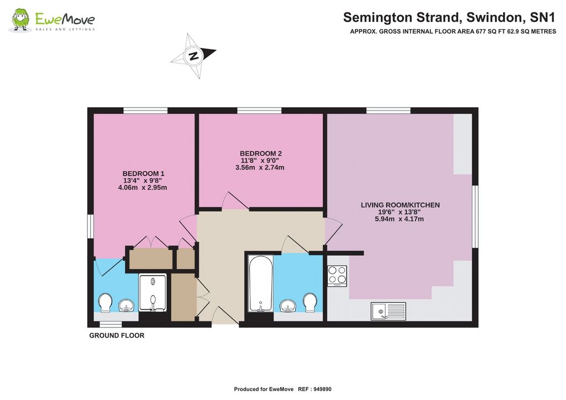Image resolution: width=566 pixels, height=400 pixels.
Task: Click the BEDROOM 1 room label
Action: click(143, 173)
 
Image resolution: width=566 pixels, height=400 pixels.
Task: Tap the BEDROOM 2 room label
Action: click(261, 153)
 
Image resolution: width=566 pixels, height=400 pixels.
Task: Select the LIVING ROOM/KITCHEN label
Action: click(400, 205)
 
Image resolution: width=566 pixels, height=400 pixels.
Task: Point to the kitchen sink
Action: click(389, 311)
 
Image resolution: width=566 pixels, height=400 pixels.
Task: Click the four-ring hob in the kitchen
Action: click(337, 275)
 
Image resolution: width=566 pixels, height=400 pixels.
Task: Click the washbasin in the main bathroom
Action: click(287, 305)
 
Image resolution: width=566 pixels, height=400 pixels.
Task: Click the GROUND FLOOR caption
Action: click(117, 335)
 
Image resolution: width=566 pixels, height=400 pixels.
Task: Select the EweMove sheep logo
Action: click(20, 20)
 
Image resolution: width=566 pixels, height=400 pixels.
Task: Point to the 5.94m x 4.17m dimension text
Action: click(400, 219)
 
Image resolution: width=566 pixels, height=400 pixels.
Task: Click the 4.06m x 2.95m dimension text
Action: click(143, 187)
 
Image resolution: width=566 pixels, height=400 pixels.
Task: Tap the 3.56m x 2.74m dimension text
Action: click(260, 167)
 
